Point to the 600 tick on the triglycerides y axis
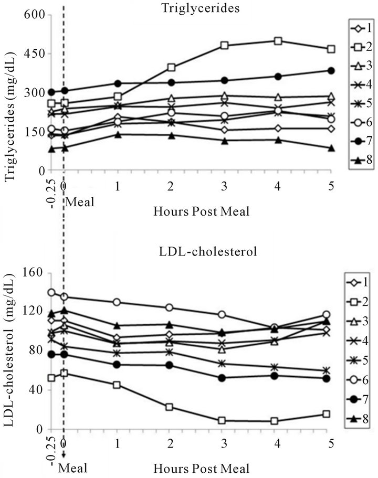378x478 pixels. (33, 15)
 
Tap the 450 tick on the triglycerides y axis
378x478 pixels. (33, 54)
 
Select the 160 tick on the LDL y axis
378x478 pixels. (33, 273)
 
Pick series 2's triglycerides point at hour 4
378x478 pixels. (278, 41)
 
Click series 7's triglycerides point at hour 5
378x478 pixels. (331, 71)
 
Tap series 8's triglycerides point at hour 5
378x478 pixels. (331, 148)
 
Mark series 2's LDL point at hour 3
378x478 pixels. (222, 420)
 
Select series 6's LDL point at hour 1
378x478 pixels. (117, 302)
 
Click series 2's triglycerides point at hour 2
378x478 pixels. (171, 67)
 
